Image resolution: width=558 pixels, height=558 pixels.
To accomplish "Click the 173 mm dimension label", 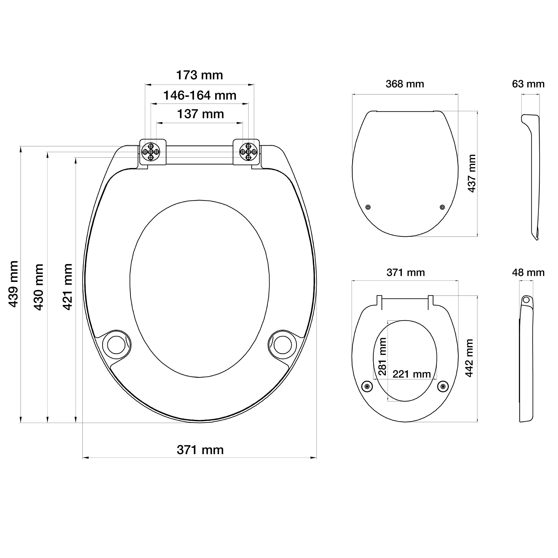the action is (200, 75).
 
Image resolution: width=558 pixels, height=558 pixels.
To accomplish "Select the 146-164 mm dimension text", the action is (200, 95).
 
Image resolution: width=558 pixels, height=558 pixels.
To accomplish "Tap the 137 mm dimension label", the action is (200, 114).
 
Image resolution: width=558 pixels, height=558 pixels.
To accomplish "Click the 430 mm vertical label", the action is (39, 287).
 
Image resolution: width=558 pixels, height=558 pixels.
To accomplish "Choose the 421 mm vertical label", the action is (67, 287).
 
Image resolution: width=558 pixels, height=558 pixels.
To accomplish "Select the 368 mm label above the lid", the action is (405, 84).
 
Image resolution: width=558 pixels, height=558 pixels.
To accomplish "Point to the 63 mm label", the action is (528, 84).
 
